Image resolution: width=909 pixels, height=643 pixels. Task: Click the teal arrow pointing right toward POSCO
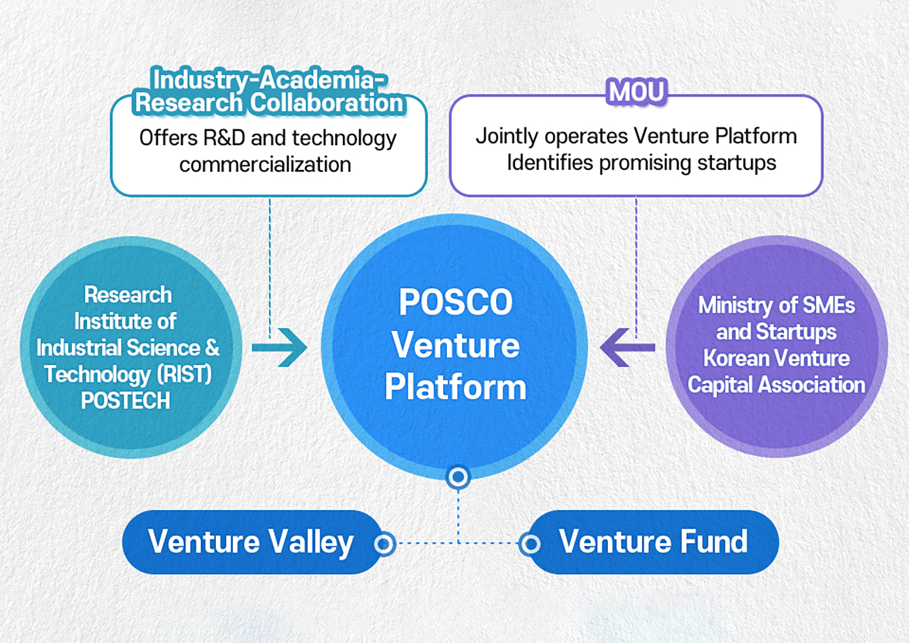pos(280,347)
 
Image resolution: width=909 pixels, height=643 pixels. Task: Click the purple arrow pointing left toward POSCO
pos(626,347)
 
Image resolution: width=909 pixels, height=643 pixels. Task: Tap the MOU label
pos(636,92)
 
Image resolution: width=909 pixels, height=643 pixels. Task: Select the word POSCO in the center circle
pos(455,303)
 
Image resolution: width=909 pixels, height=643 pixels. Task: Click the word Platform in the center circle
pos(455,387)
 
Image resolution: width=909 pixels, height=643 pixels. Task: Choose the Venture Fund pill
pos(653,542)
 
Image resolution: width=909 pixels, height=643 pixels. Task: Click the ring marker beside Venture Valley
pos(384,543)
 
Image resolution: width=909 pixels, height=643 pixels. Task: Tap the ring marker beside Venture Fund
pos(530,543)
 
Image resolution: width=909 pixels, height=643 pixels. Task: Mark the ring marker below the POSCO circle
pos(458,477)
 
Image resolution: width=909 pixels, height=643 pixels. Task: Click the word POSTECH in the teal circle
pos(126,401)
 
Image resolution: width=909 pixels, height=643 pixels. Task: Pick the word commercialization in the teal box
pos(265,165)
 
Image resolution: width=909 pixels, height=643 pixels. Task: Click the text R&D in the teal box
pos(224,138)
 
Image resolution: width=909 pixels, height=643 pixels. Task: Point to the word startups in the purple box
pos(737,163)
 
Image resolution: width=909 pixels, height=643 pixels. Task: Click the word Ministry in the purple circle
pos(735,306)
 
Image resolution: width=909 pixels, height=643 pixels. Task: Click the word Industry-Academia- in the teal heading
pos(269,80)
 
